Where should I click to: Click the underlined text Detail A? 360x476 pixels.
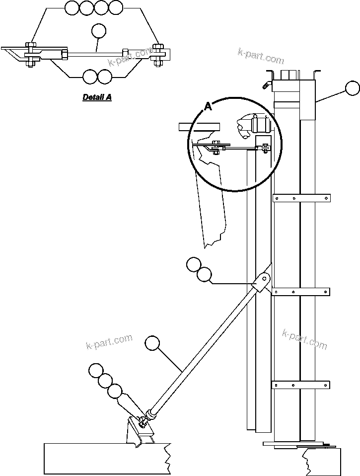97,97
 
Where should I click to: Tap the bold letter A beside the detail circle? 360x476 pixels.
208,106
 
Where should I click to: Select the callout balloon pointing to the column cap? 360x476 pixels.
353,88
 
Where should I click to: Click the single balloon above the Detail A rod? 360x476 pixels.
99,31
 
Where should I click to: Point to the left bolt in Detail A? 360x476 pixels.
31,54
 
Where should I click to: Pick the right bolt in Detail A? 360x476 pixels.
159,54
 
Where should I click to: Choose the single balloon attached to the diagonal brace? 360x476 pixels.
153,343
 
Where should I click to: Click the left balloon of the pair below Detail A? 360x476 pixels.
90,77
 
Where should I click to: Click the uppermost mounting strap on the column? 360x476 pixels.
301,198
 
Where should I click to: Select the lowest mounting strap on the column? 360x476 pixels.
301,385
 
